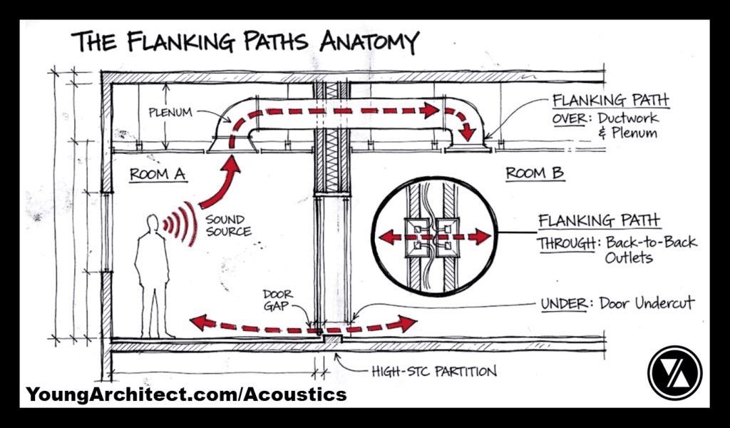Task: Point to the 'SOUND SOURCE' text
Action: click(x=227, y=225)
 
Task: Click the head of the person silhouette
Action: click(x=151, y=223)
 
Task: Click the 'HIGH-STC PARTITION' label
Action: click(x=433, y=371)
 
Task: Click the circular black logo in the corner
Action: click(x=674, y=372)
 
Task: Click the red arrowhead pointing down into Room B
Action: click(x=468, y=134)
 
